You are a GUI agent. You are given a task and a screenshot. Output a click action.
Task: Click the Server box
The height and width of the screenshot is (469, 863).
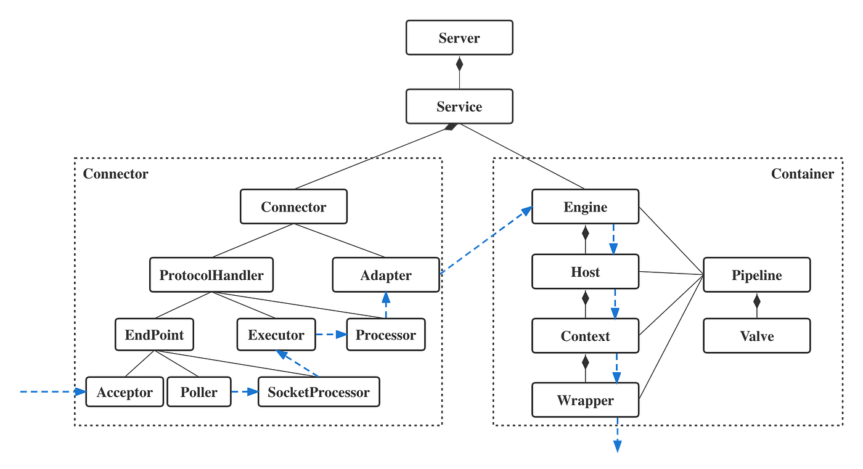(459, 38)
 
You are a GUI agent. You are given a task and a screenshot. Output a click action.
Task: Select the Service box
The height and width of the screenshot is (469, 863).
(459, 106)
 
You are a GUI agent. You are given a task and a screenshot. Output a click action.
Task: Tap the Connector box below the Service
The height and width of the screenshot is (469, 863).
(293, 206)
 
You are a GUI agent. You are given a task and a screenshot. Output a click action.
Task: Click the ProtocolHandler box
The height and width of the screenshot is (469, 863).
(211, 275)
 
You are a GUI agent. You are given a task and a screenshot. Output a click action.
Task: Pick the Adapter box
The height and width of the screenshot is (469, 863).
(386, 275)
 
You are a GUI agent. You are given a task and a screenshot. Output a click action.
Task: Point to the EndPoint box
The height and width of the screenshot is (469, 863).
(154, 335)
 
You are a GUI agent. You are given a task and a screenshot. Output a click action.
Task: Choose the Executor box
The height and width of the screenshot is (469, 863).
(276, 335)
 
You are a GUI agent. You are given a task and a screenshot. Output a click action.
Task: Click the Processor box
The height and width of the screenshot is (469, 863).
(386, 335)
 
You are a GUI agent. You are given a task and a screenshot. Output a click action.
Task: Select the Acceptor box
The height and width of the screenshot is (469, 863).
(125, 392)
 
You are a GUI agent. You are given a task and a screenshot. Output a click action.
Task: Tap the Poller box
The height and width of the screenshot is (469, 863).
(199, 392)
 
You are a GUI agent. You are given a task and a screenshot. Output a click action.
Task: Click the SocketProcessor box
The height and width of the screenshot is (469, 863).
(319, 392)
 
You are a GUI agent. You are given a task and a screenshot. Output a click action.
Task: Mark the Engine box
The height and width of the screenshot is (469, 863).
(585, 206)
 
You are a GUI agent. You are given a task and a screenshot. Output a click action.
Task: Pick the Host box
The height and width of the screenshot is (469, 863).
(585, 272)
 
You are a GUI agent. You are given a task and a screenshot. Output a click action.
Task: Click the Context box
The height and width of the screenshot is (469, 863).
(585, 336)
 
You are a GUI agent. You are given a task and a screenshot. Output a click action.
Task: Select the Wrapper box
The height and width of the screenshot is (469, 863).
(585, 400)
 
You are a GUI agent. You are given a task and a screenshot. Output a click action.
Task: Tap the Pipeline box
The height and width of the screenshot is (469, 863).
(756, 275)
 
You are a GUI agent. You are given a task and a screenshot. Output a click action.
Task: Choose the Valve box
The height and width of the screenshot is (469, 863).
(756, 336)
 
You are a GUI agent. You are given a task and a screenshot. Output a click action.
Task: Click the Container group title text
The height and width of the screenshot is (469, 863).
(802, 174)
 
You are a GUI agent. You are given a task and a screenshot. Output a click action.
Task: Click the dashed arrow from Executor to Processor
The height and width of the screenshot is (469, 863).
(331, 335)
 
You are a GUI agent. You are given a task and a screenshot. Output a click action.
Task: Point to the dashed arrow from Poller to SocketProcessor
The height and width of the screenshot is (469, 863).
(245, 392)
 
